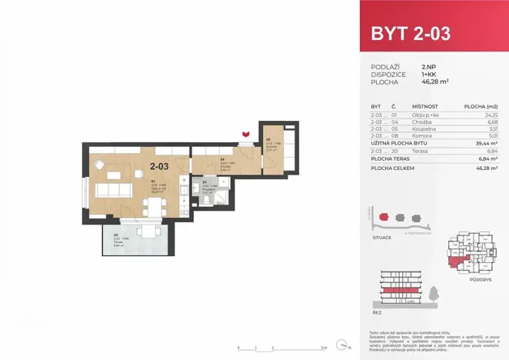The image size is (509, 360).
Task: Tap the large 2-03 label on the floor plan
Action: (159, 165)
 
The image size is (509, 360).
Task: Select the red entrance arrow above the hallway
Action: (245, 136)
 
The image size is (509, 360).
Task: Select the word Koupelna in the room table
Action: (423, 128)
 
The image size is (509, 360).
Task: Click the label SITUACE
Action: (381, 238)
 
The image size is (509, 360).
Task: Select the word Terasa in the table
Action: (420, 151)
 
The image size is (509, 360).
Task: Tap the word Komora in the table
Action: (421, 136)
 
